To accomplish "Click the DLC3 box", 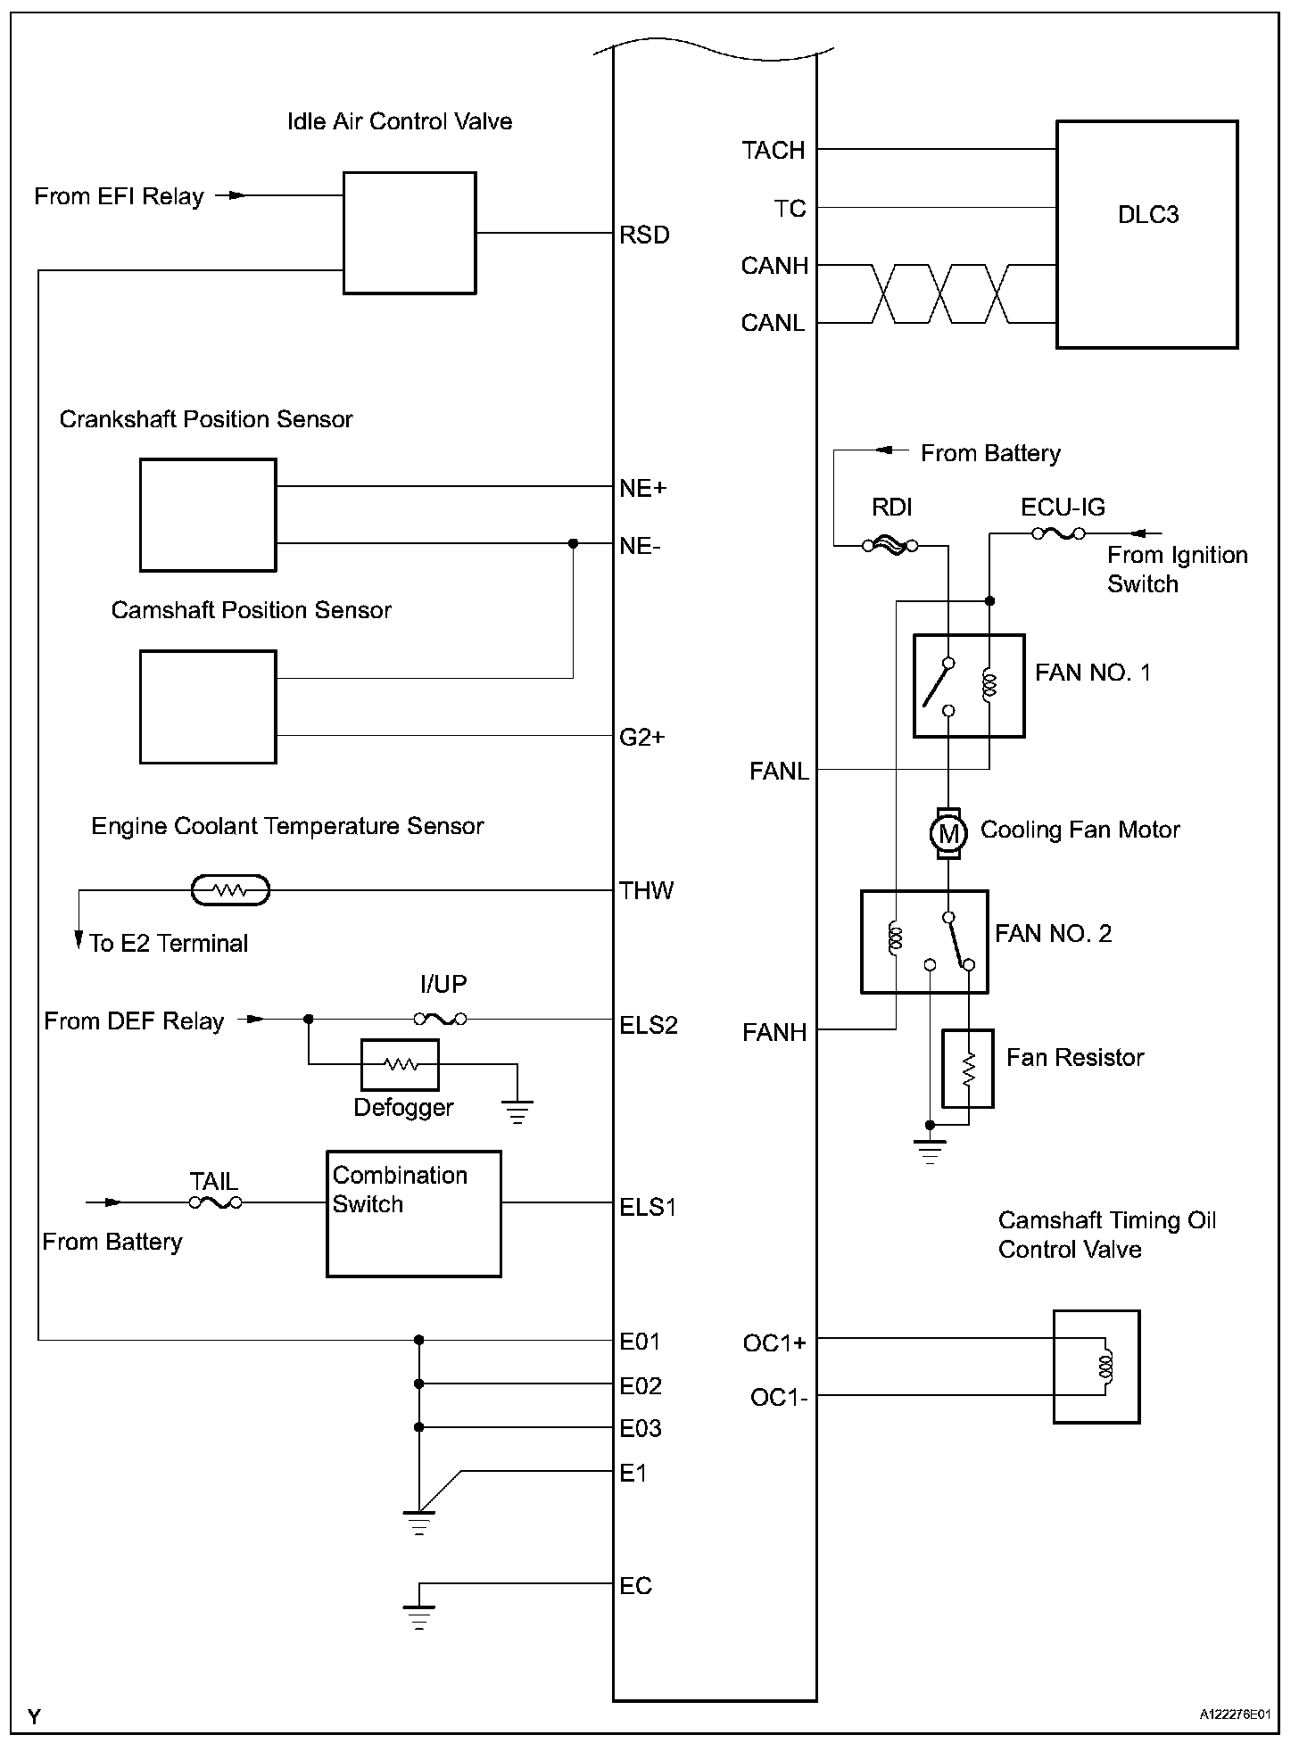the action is coord(1147,235).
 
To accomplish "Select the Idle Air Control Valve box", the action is coord(410,233).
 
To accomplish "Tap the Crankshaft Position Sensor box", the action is coord(208,515).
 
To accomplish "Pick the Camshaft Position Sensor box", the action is coord(208,706).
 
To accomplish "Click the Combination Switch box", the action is coord(414,1213).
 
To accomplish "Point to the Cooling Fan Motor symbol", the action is coord(948,834).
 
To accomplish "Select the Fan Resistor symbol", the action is coord(968,1068).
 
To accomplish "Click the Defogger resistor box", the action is coord(400,1064).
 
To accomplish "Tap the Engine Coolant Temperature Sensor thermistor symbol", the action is coord(231,889).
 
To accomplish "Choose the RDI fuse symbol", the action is coord(890,545).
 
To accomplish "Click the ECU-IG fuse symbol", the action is coord(1058,533).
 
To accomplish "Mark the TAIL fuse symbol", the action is coord(215,1202).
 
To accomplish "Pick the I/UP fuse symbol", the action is coord(441,1018).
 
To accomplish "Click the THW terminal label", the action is coord(647,890).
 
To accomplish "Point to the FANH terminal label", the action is coord(774,1032).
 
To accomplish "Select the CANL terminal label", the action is coord(774,322).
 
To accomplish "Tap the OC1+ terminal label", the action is coord(774,1342).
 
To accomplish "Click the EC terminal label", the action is coord(636,1585).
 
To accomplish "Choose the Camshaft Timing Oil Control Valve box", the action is coord(1096,1366).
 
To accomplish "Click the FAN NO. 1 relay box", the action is coord(969,686).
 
